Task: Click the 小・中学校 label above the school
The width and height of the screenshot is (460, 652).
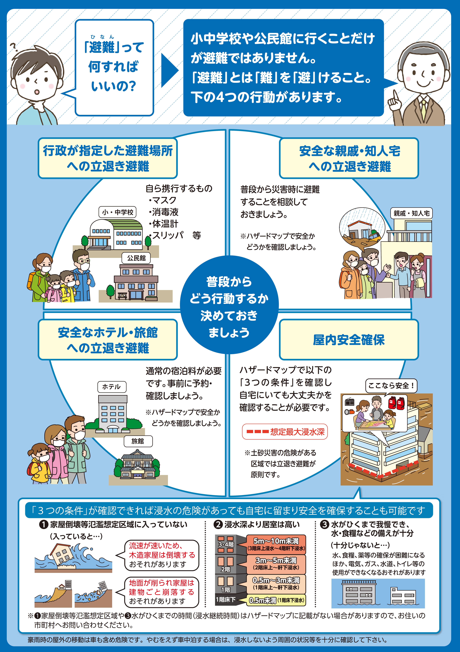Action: (x=118, y=212)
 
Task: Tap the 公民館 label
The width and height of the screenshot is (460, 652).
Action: (x=136, y=258)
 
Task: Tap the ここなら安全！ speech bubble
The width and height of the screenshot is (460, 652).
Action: (x=391, y=386)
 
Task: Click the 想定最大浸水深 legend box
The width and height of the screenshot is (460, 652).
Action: (x=285, y=432)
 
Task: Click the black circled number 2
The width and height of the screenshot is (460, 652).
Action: (x=218, y=525)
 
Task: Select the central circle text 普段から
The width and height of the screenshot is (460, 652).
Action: (x=229, y=282)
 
